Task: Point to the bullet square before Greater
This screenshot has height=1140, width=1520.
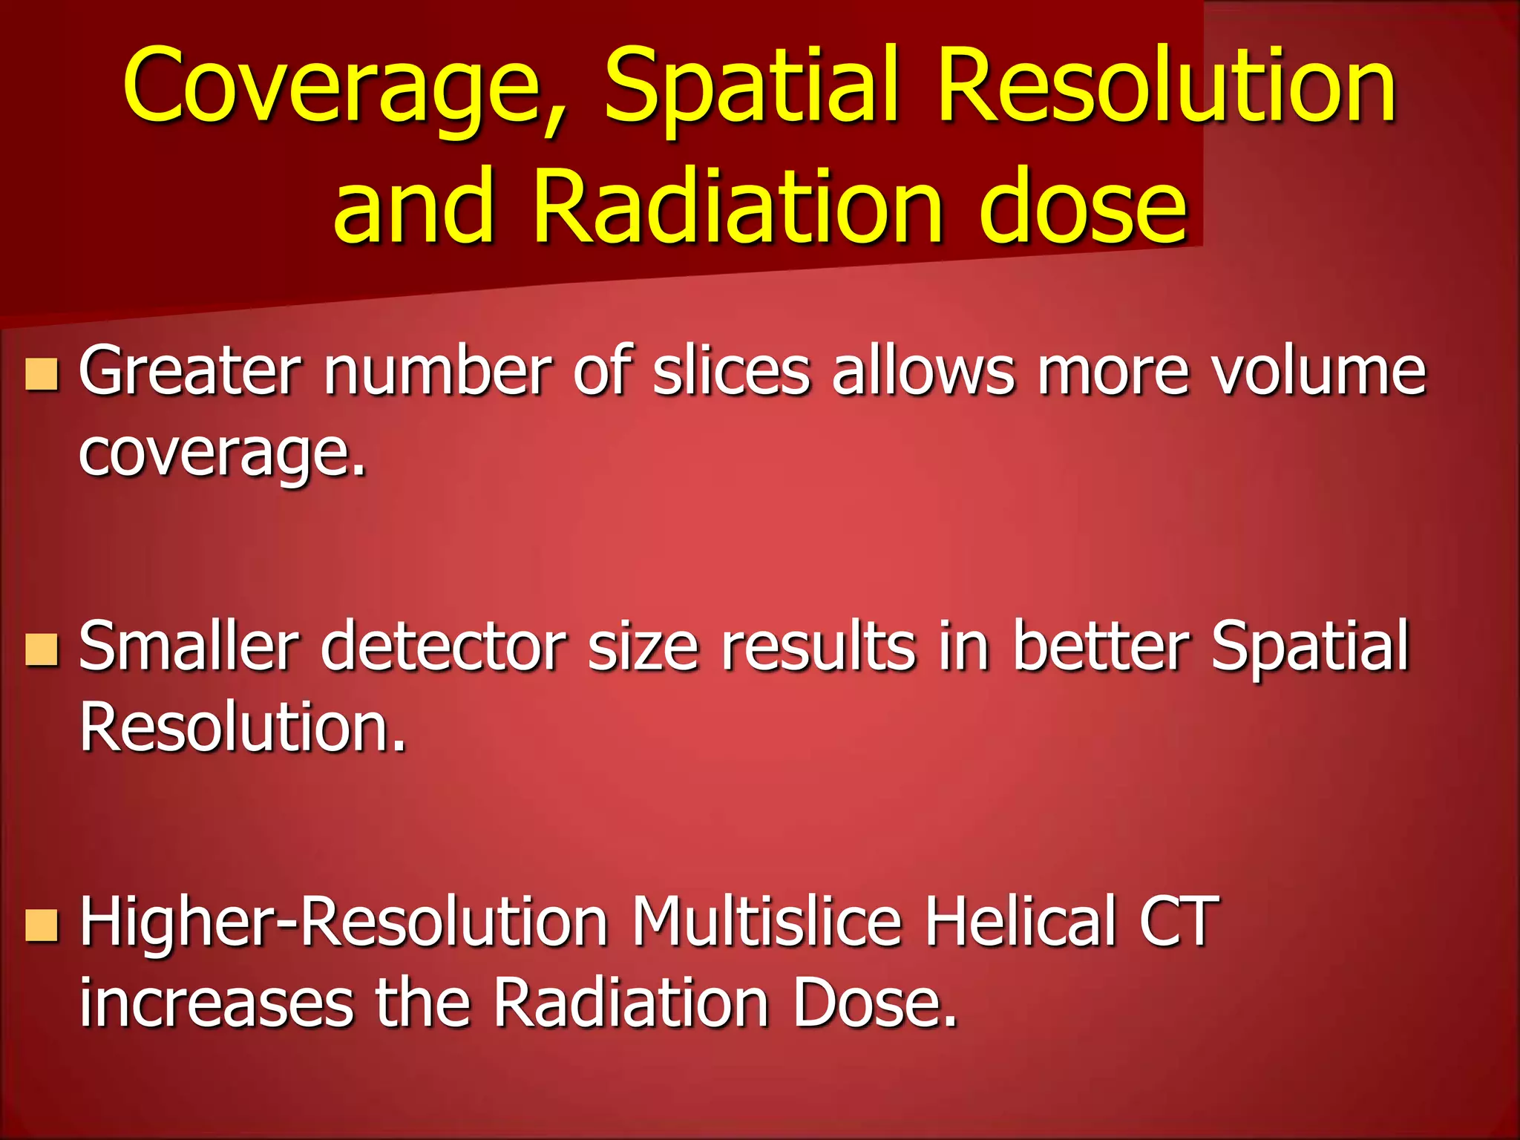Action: click(x=42, y=374)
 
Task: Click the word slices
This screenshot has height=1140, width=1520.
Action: click(x=731, y=370)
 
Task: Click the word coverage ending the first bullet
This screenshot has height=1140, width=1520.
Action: click(x=223, y=453)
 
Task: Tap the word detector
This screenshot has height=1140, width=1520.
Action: click(x=443, y=646)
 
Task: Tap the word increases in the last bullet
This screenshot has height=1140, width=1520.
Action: click(x=216, y=1003)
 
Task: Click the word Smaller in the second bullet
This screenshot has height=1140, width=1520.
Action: click(x=189, y=646)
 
